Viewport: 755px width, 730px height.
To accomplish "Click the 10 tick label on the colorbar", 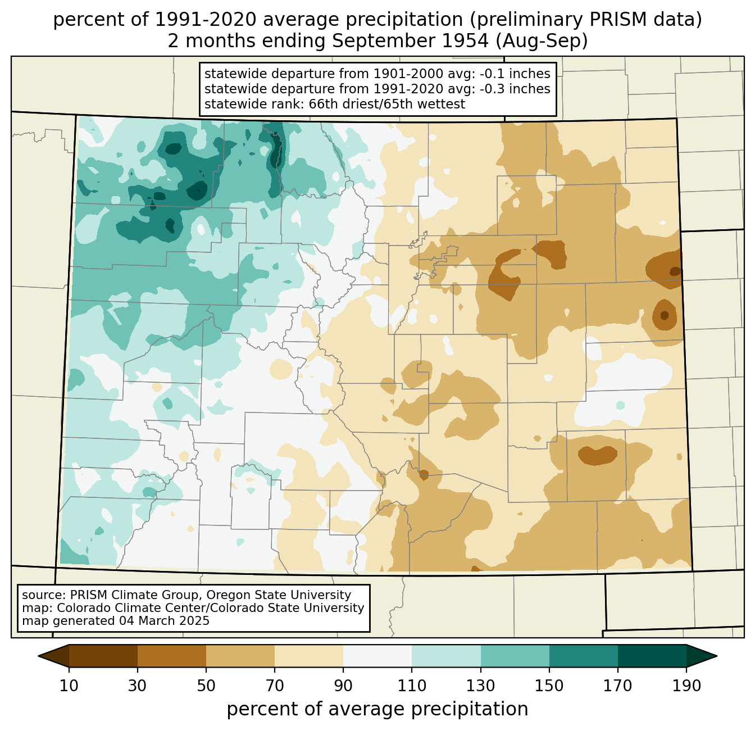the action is pyautogui.click(x=69, y=686).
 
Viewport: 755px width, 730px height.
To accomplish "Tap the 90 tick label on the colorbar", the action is pyautogui.click(x=343, y=686).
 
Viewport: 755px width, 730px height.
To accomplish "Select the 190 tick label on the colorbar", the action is pyautogui.click(x=686, y=686).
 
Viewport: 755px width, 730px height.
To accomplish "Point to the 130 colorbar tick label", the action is pyautogui.click(x=480, y=686).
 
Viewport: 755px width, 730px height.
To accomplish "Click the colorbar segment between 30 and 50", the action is pyautogui.click(x=172, y=656).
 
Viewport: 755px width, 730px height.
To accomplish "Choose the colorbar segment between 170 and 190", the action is pyautogui.click(x=652, y=656).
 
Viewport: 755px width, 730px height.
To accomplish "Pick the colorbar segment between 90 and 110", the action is pyautogui.click(x=377, y=656).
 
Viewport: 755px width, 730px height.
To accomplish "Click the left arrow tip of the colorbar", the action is pyautogui.click(x=38, y=656).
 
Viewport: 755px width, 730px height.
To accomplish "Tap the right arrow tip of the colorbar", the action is pyautogui.click(x=717, y=656).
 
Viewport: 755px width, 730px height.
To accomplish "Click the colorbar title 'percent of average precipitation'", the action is pyautogui.click(x=377, y=709).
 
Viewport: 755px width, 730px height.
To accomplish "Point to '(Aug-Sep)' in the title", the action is pyautogui.click(x=541, y=41).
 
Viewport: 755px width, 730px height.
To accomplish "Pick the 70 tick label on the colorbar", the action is pyautogui.click(x=275, y=686).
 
